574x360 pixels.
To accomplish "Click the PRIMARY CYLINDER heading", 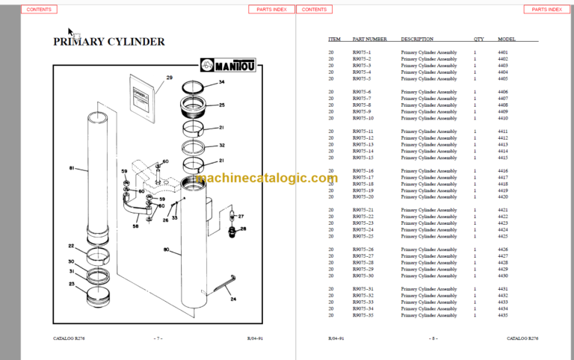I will click(x=109, y=42).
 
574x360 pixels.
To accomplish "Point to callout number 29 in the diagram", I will click(x=169, y=78).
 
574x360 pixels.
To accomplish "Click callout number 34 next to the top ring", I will click(x=221, y=81).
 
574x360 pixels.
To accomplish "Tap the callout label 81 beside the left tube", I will click(x=72, y=168).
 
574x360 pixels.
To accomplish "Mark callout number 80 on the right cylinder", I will click(x=167, y=249).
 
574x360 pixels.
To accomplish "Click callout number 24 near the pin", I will click(x=232, y=300).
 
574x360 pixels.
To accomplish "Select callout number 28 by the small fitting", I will click(x=242, y=229).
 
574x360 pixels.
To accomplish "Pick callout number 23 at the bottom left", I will click(x=71, y=283).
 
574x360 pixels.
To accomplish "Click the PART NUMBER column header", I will click(x=370, y=39).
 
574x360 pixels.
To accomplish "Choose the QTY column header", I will click(x=478, y=39).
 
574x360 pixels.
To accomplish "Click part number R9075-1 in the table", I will click(x=362, y=52).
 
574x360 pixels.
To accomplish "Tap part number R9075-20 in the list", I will click(x=363, y=197).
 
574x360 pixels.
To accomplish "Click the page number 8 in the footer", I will click(x=433, y=338).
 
